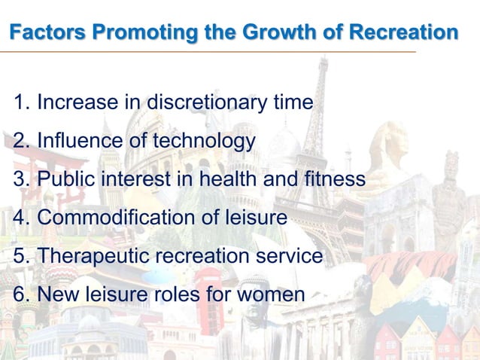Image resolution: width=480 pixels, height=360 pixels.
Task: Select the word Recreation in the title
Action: [401, 33]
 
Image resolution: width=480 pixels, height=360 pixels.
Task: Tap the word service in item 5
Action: [290, 256]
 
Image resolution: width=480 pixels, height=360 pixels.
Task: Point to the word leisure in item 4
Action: [255, 218]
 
